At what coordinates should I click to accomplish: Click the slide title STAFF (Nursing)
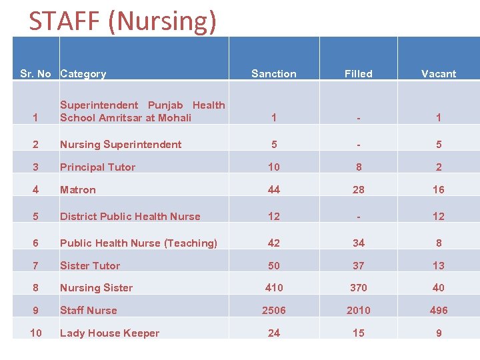click(123, 21)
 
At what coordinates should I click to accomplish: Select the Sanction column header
click(273, 74)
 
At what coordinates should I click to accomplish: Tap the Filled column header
click(358, 74)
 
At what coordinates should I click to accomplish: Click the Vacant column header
click(439, 74)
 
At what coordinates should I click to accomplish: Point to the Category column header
click(83, 74)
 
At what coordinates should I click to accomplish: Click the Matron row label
click(78, 190)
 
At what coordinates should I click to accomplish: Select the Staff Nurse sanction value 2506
click(273, 311)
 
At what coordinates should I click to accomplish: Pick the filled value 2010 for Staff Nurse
click(358, 311)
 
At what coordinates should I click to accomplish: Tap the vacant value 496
click(439, 311)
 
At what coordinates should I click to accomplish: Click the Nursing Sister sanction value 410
click(273, 288)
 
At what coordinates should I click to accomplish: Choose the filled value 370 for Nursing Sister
click(358, 288)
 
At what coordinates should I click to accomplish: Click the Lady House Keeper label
click(109, 333)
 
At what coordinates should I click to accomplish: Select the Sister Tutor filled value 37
click(358, 265)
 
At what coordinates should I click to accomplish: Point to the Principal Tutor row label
click(97, 167)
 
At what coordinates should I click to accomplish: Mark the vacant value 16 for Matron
click(439, 190)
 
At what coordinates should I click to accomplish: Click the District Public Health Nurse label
click(130, 217)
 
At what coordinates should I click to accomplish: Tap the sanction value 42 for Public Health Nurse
click(273, 243)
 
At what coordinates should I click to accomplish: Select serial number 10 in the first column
click(36, 333)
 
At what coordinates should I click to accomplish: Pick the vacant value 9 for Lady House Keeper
click(439, 333)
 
